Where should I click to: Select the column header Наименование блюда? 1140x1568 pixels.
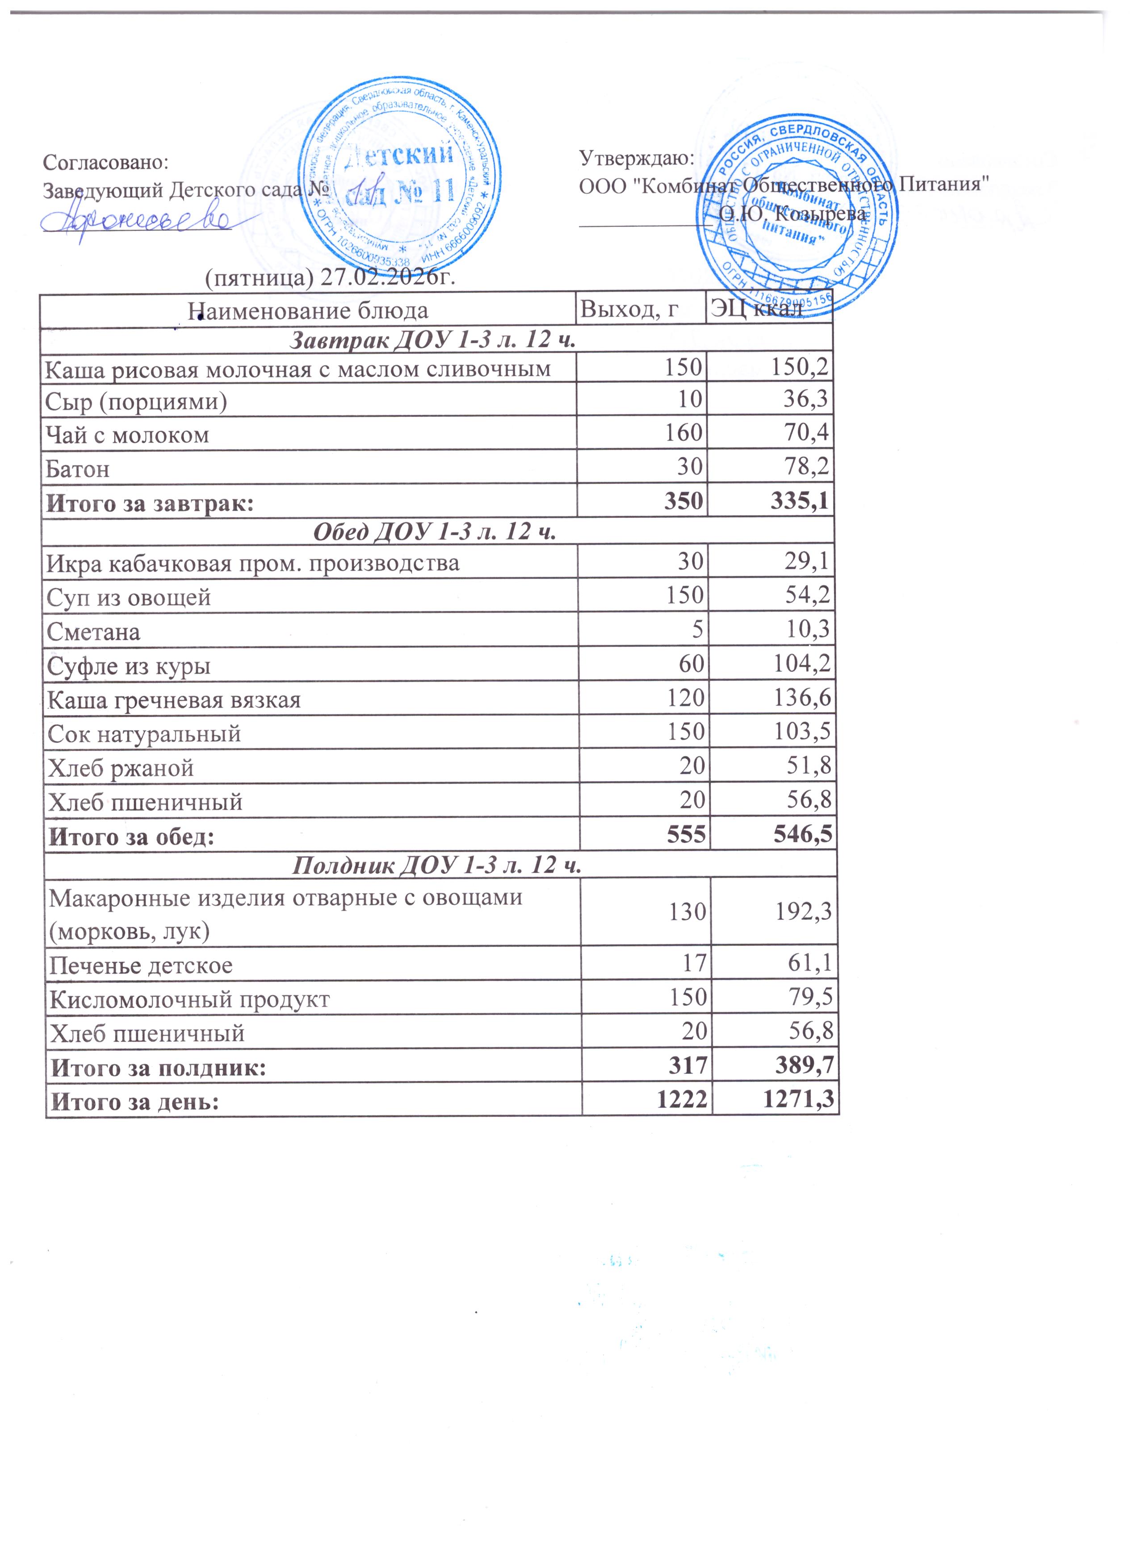[x=308, y=310]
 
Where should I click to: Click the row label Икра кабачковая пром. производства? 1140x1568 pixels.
[x=252, y=563]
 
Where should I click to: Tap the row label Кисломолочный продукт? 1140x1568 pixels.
[x=189, y=999]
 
